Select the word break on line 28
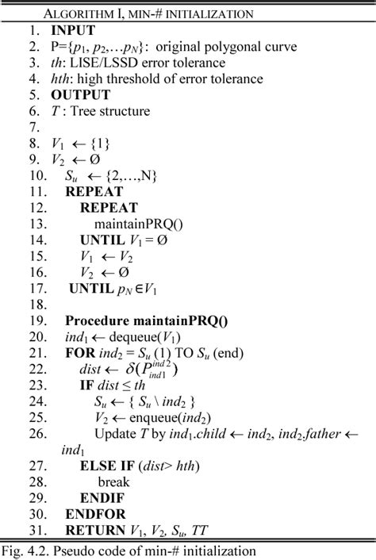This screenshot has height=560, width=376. click(115, 482)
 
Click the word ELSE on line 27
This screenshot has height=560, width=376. click(98, 466)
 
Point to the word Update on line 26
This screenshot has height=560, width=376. click(115, 434)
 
